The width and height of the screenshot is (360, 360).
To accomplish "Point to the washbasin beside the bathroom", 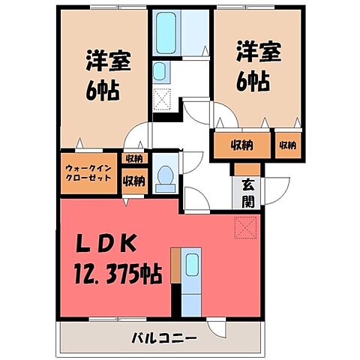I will [x=160, y=72].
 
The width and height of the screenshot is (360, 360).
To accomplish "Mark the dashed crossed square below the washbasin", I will [x=163, y=100].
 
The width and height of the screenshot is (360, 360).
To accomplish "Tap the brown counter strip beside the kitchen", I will [x=176, y=266].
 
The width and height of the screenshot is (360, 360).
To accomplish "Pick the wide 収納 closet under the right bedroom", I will [x=240, y=145].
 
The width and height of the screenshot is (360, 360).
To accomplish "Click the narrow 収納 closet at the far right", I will [x=288, y=145].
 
